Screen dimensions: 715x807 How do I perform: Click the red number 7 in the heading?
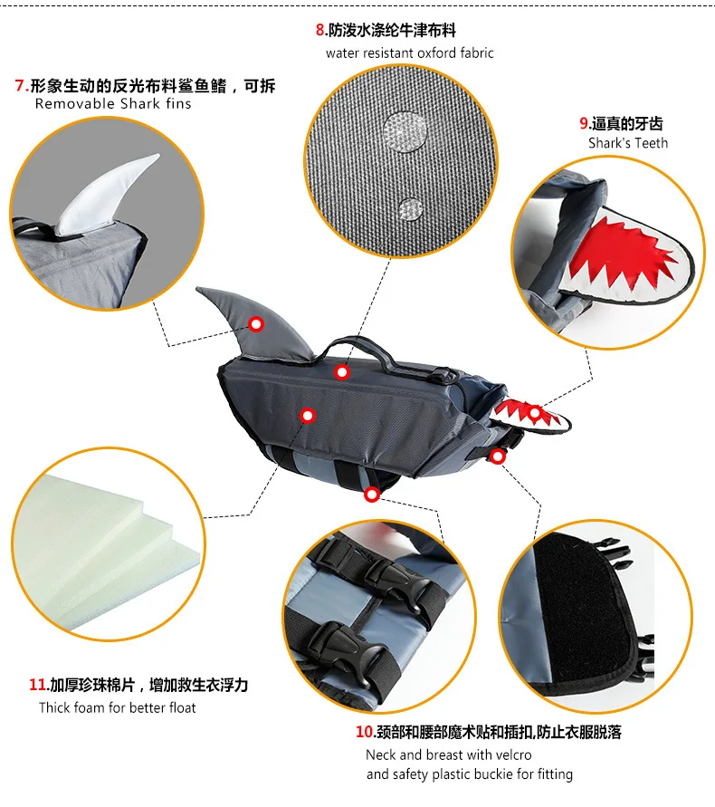pos(20,85)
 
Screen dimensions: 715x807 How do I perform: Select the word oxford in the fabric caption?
pos(437,53)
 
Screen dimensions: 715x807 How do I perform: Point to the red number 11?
pos(37,685)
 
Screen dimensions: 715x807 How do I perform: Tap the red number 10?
pos(364,731)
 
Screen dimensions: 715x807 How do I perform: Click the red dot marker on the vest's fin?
pos(256,323)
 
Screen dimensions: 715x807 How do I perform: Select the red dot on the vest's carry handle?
pos(342,371)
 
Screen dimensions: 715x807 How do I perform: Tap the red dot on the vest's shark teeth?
pos(535,413)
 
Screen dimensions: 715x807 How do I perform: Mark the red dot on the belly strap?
pos(372,495)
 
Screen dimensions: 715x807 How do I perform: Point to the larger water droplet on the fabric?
pos(405,131)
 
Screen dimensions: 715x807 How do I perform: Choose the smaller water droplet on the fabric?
pos(411,209)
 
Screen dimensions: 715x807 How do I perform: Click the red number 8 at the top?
pos(320,31)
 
